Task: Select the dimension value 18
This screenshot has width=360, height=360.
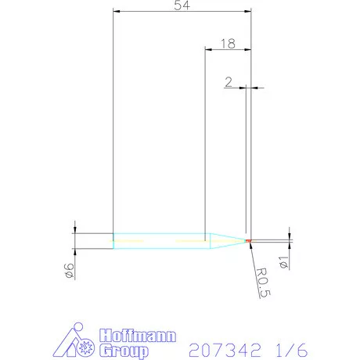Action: pyautogui.click(x=228, y=44)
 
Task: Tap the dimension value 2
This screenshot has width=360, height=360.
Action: pyautogui.click(x=228, y=81)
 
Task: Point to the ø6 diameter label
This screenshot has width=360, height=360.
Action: pyautogui.click(x=69, y=272)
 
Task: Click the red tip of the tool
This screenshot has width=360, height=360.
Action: pyautogui.click(x=249, y=240)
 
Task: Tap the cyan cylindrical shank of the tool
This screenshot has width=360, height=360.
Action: pyautogui.click(x=157, y=240)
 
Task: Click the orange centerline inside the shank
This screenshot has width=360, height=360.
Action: pyautogui.click(x=141, y=240)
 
